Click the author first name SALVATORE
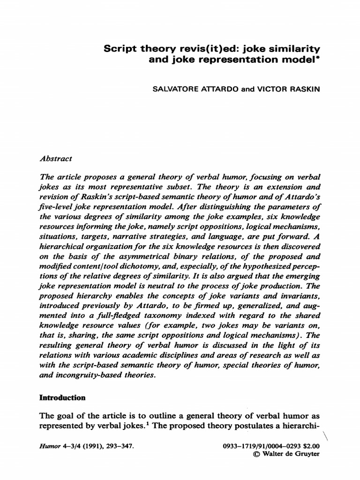click(175, 88)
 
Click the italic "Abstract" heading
click(56, 158)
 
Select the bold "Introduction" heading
click(62, 397)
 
